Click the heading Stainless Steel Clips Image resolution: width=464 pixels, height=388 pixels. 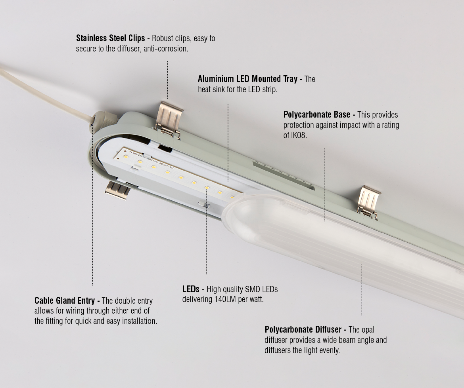pyautogui.click(x=111, y=38)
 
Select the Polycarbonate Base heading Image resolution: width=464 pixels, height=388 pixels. pyautogui.click(x=317, y=115)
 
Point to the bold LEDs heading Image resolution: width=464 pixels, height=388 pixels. pyautogui.click(x=191, y=289)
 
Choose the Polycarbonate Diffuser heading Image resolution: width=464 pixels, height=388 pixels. pyautogui.click(x=303, y=329)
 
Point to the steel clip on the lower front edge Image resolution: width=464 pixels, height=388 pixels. pyautogui.click(x=117, y=190)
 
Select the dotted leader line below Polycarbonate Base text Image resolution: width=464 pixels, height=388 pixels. pyautogui.click(x=325, y=184)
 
